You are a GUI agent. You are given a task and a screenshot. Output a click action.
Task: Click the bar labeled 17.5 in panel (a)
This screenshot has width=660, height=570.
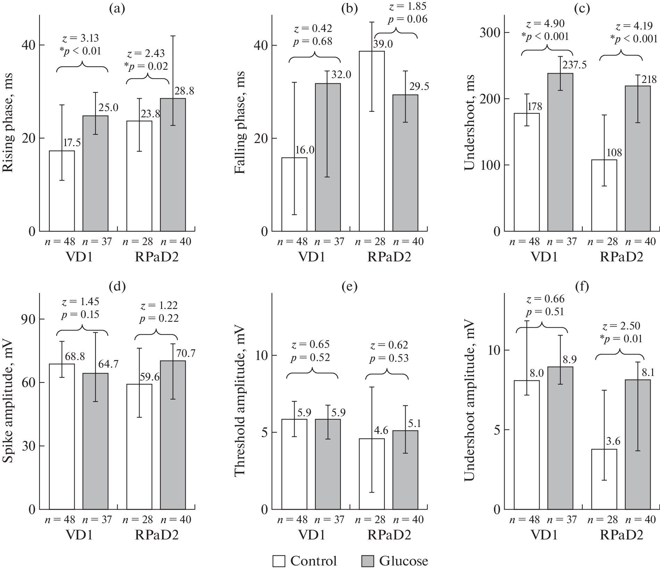62,191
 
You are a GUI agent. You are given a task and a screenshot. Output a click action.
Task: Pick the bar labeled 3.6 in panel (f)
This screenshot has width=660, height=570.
604,479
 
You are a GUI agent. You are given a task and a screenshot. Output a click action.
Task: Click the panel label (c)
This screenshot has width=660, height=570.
581,9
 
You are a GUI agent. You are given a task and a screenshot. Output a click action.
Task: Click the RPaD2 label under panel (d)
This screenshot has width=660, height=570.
156,535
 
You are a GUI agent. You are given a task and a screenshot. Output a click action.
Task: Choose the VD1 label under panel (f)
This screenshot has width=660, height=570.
544,535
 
